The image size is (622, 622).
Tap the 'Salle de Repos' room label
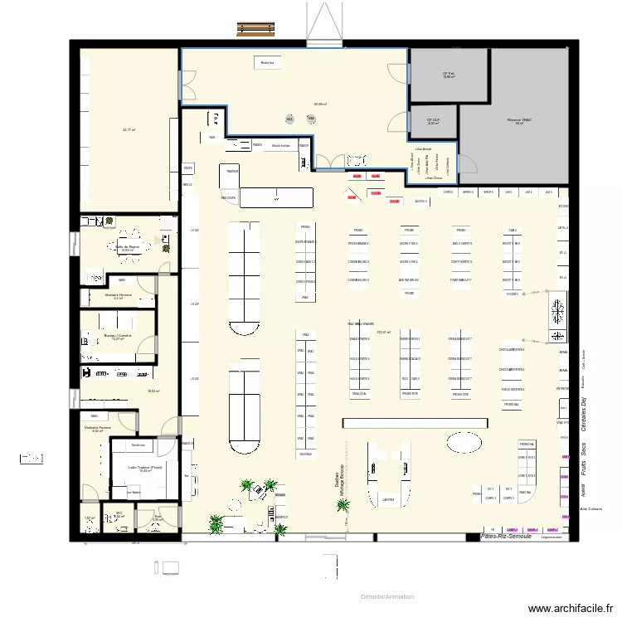(x=128, y=246)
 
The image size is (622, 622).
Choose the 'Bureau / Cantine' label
(x=118, y=336)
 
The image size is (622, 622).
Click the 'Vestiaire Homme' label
(x=118, y=295)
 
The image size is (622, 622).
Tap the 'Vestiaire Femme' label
(x=97, y=428)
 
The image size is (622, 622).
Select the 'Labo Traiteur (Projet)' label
(x=144, y=469)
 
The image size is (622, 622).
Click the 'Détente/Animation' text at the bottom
(x=387, y=596)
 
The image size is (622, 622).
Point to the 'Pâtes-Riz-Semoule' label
(x=507, y=537)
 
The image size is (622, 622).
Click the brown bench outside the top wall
(x=256, y=29)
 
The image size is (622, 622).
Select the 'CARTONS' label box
(x=388, y=499)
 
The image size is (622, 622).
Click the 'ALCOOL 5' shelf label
(x=420, y=201)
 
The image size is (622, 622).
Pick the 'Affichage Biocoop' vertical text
(x=342, y=489)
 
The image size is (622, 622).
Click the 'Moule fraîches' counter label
(x=280, y=145)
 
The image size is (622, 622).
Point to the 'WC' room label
(x=119, y=514)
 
